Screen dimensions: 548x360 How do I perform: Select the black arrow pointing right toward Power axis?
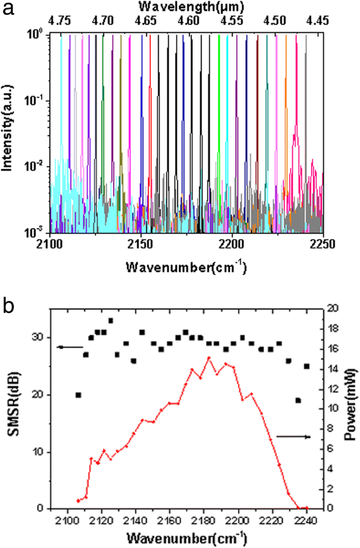[294, 437]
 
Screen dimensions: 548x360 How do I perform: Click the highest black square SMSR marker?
[111, 320]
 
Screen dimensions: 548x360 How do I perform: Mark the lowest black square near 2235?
[298, 400]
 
